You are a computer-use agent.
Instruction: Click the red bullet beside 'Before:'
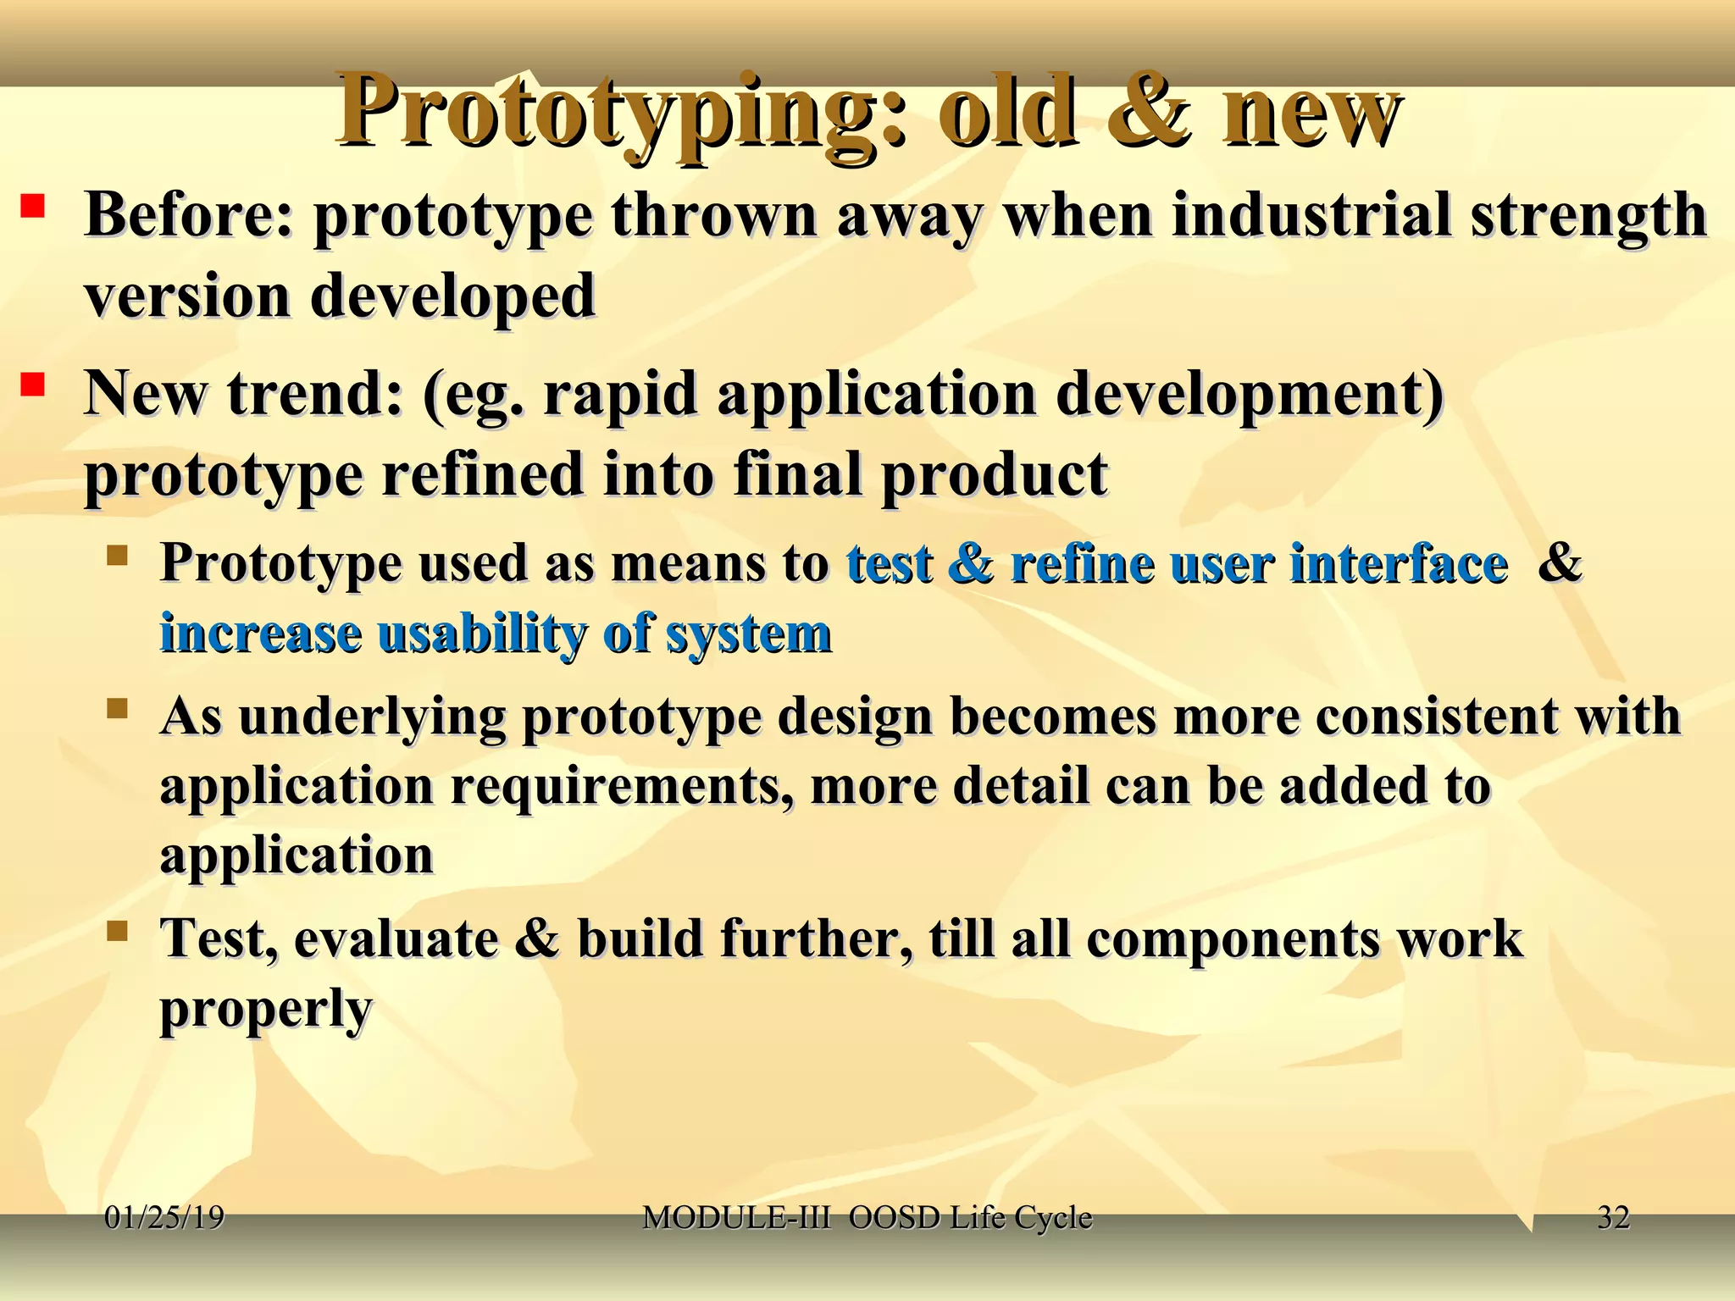(x=33, y=207)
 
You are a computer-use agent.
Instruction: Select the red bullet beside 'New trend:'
(x=33, y=386)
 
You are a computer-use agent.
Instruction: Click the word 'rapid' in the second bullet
(x=619, y=396)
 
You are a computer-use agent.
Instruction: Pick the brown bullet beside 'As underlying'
(x=117, y=708)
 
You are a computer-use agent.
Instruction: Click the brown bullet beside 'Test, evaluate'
(x=117, y=933)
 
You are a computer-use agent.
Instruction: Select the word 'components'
(x=1233, y=940)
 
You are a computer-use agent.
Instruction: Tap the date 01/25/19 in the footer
(x=164, y=1218)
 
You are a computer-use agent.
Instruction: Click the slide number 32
(x=1613, y=1218)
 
